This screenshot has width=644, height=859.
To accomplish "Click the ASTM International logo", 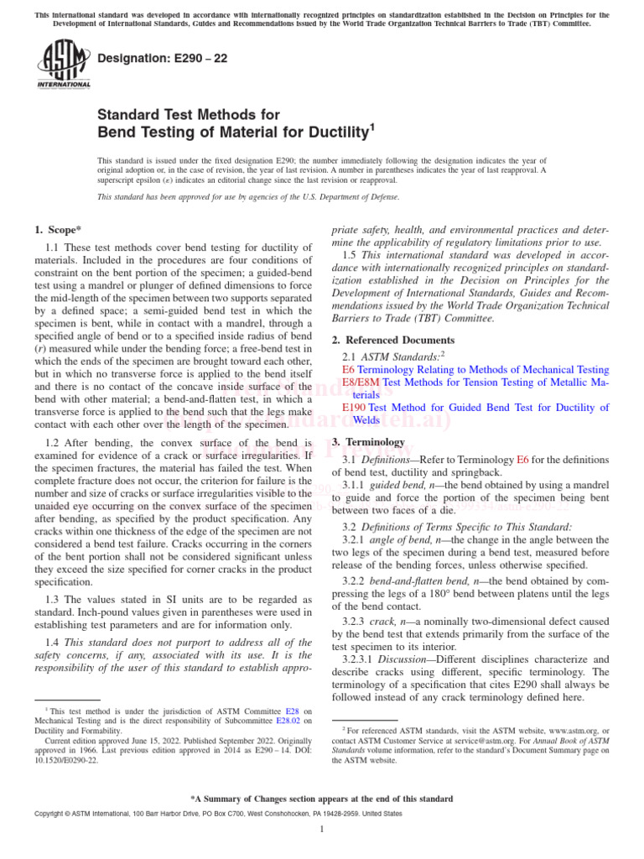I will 63,63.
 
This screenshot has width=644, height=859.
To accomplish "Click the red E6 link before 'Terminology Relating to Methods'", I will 348,369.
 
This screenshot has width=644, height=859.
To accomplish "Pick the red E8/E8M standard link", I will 361,382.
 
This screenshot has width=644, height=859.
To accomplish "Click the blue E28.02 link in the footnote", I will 288,719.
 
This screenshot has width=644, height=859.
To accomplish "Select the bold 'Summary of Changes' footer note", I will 322,799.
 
